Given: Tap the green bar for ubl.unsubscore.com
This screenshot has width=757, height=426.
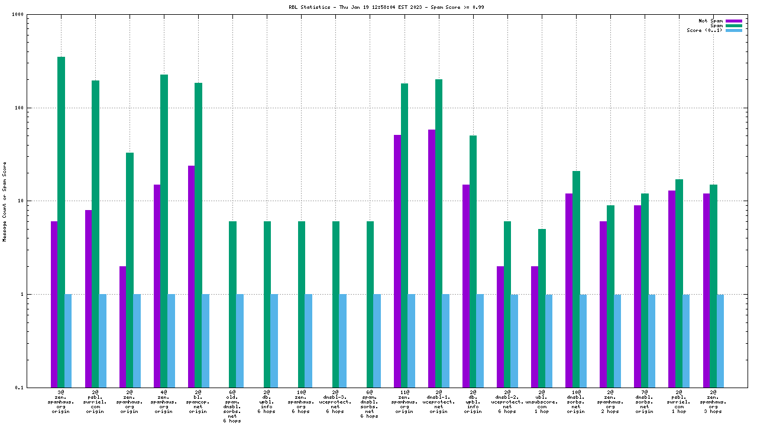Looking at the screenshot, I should (x=542, y=308).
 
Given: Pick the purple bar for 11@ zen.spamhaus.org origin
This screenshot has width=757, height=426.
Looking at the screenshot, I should (x=397, y=261).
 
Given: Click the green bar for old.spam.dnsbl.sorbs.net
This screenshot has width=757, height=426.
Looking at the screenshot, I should (x=232, y=304).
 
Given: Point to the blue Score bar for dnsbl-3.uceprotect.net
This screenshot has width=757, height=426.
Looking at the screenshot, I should (x=343, y=340).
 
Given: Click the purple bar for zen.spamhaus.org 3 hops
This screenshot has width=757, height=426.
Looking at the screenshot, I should (x=706, y=290).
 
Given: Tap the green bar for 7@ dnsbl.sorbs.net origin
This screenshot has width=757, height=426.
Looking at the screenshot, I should (x=645, y=290).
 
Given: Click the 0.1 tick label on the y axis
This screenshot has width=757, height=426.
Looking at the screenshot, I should (x=35, y=388).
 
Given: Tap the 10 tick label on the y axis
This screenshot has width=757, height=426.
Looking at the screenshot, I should (x=36, y=201).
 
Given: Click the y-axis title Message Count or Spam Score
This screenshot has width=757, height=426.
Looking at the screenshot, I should (x=5, y=201).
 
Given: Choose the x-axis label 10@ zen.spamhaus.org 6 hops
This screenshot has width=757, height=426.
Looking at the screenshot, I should (x=301, y=401).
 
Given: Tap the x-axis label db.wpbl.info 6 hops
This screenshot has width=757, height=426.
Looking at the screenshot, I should (x=267, y=401).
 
